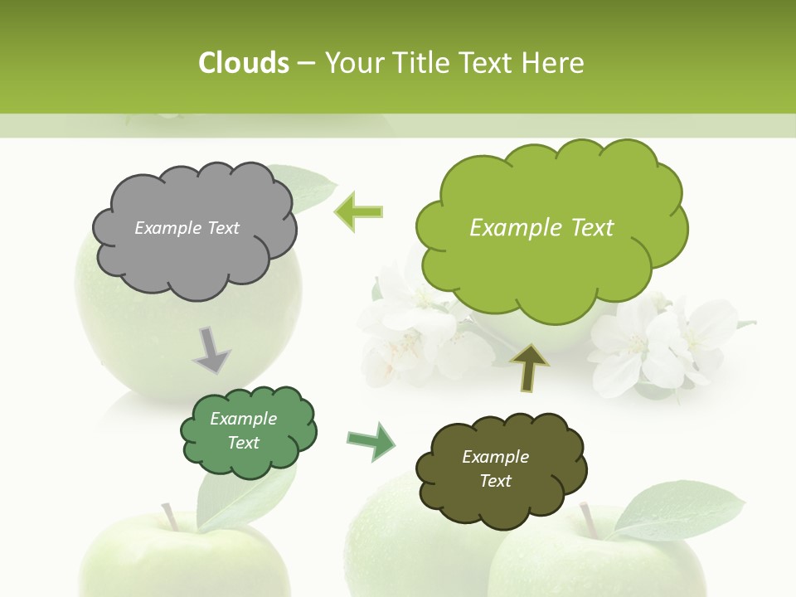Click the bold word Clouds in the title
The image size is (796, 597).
(x=243, y=63)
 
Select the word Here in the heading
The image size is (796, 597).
(x=553, y=63)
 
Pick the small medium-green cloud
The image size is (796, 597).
(x=248, y=431)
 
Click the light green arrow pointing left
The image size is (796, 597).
(x=359, y=211)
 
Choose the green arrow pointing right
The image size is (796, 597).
(x=372, y=441)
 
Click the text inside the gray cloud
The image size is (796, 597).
(x=187, y=228)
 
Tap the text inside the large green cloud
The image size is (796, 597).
(x=541, y=228)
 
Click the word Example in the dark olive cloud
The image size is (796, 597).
(x=495, y=457)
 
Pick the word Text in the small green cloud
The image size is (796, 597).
(x=243, y=443)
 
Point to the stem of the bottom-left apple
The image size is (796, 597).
(x=169, y=517)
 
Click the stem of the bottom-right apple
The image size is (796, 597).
(x=590, y=519)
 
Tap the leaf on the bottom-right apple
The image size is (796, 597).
(x=680, y=508)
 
